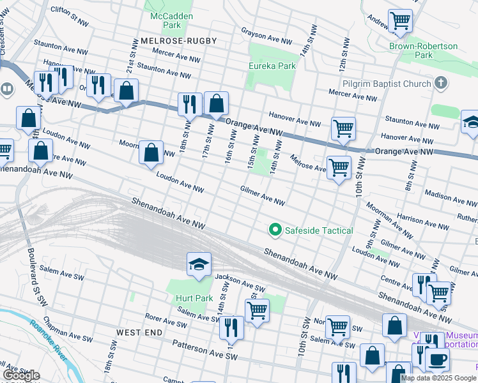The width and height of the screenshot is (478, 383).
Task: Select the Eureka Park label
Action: coord(272,66)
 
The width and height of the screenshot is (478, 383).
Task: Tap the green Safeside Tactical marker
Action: coord(275,230)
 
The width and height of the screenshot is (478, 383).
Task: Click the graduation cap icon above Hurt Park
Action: coord(199,264)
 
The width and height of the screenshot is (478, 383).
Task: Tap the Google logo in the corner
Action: coord(21,375)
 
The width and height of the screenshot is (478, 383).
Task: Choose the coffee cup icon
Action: coord(437,359)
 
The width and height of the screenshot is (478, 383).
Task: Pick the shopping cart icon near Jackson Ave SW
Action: coord(257,311)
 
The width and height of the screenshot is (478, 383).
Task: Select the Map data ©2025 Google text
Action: coord(438,378)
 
